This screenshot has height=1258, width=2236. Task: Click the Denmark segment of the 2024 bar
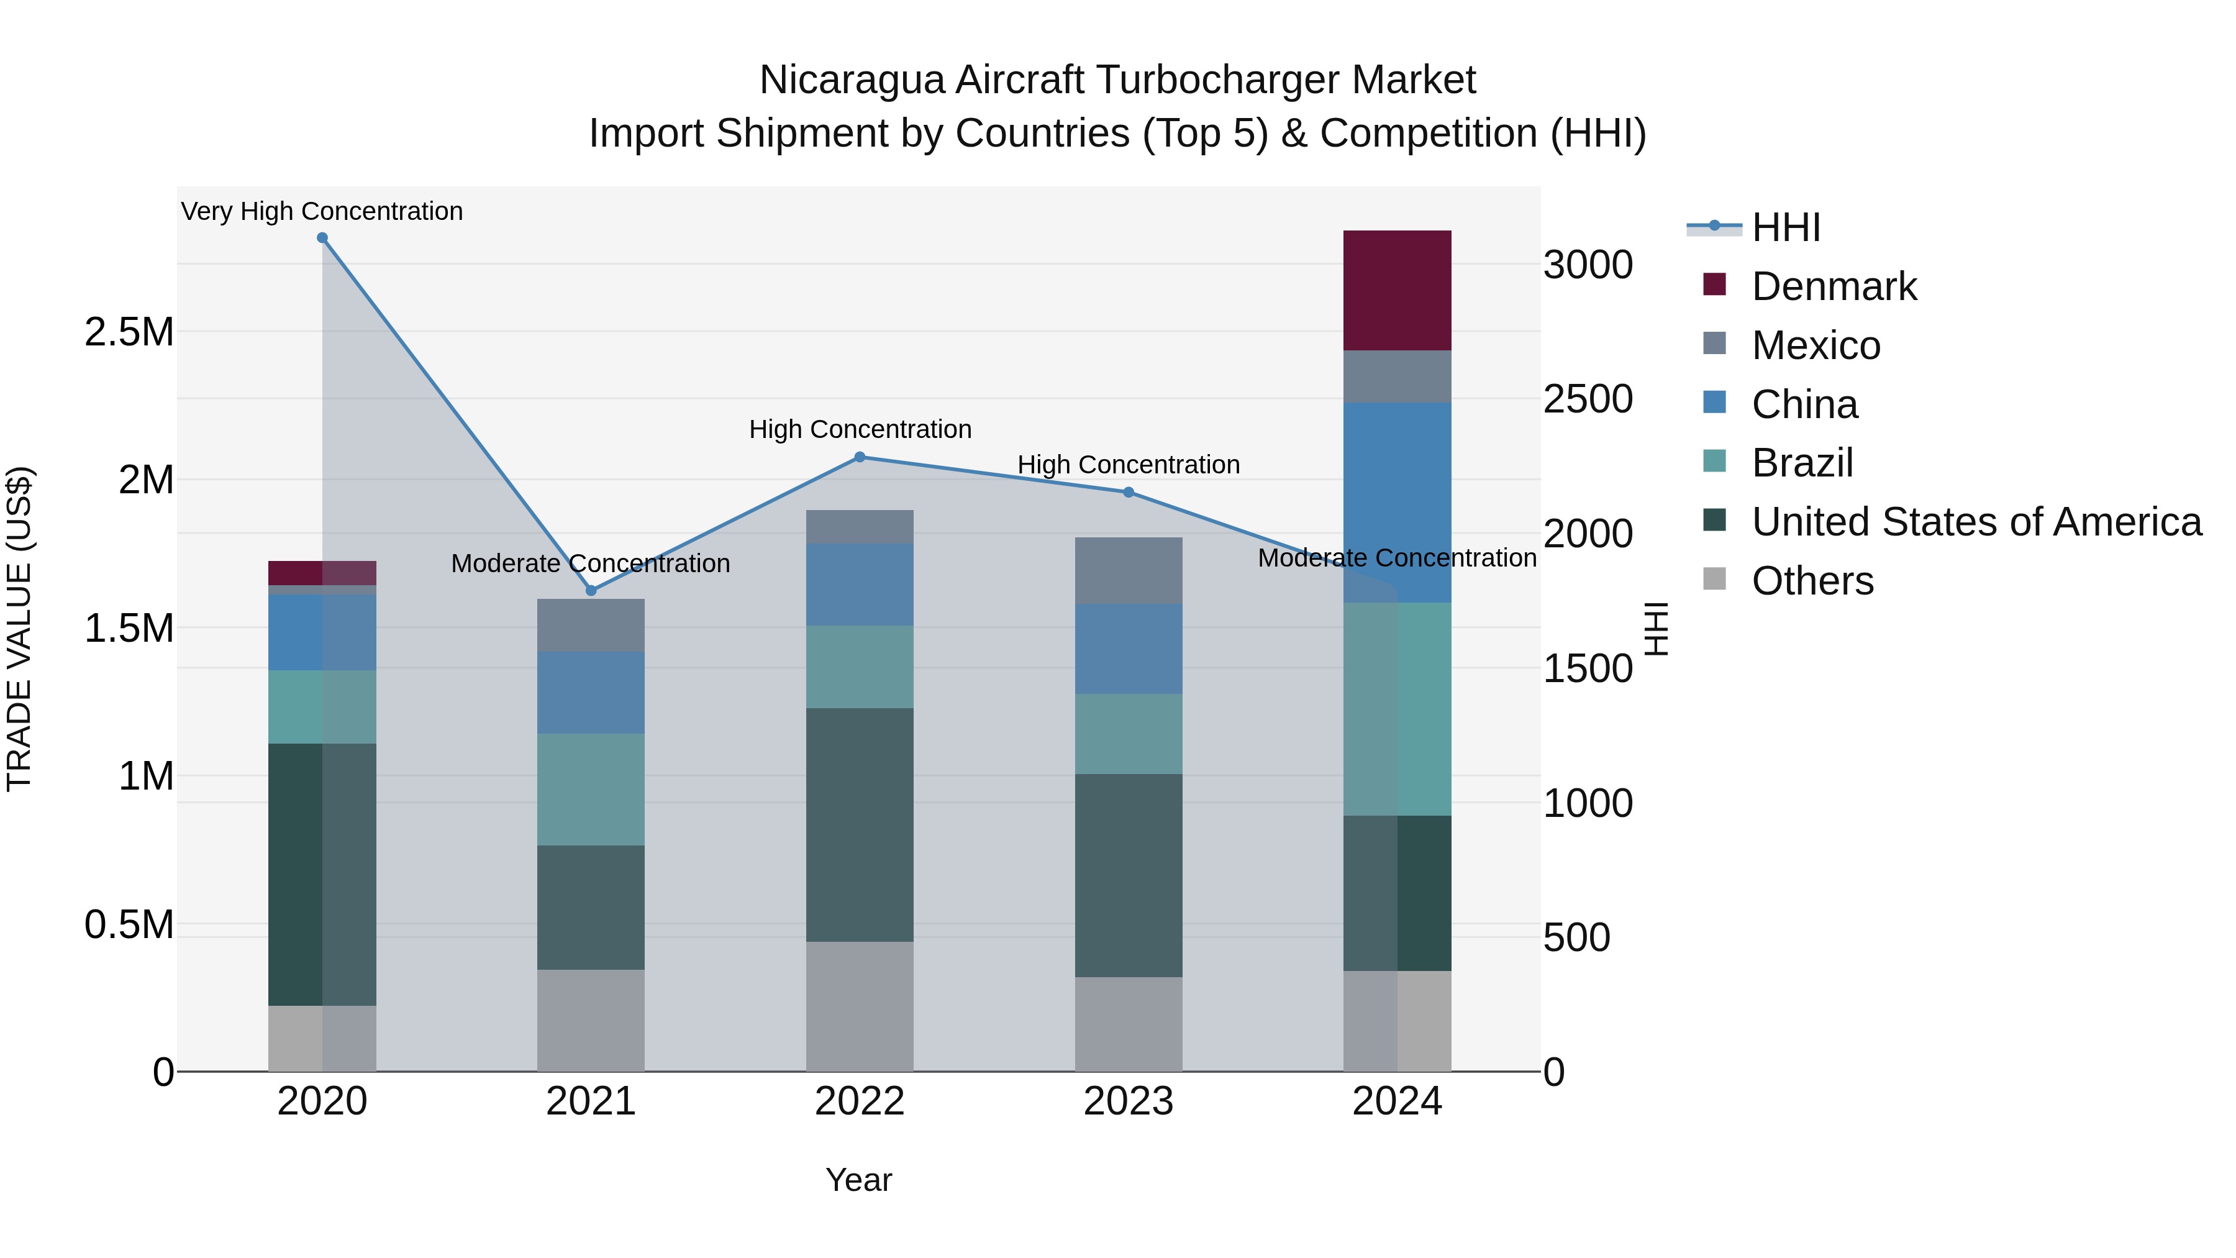pyautogui.click(x=1397, y=290)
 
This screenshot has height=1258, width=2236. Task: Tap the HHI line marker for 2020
pyautogui.click(x=322, y=238)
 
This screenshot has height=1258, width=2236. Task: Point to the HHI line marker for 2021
pyautogui.click(x=591, y=590)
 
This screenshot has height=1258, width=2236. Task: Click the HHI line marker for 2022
pyautogui.click(x=860, y=457)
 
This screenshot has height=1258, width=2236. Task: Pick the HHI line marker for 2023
pyautogui.click(x=1129, y=492)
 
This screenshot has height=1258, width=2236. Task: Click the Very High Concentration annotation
pyautogui.click(x=322, y=211)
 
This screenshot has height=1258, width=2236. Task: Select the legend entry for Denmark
pyautogui.click(x=1834, y=286)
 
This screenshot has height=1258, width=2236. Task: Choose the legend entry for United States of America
pyautogui.click(x=1976, y=522)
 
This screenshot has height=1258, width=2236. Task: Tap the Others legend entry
pyautogui.click(x=1812, y=581)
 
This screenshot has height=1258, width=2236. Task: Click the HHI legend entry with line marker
pyautogui.click(x=1784, y=227)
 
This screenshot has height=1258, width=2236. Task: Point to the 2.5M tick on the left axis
pyautogui.click(x=129, y=332)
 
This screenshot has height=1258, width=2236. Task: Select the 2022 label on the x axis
pyautogui.click(x=860, y=1101)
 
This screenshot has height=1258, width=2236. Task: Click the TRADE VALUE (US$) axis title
pyautogui.click(x=19, y=629)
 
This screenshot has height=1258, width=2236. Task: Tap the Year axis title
pyautogui.click(x=858, y=1180)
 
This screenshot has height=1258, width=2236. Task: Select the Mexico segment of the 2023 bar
pyautogui.click(x=1129, y=570)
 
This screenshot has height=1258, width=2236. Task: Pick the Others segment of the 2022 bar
pyautogui.click(x=860, y=1006)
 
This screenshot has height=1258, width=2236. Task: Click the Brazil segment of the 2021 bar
pyautogui.click(x=591, y=789)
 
